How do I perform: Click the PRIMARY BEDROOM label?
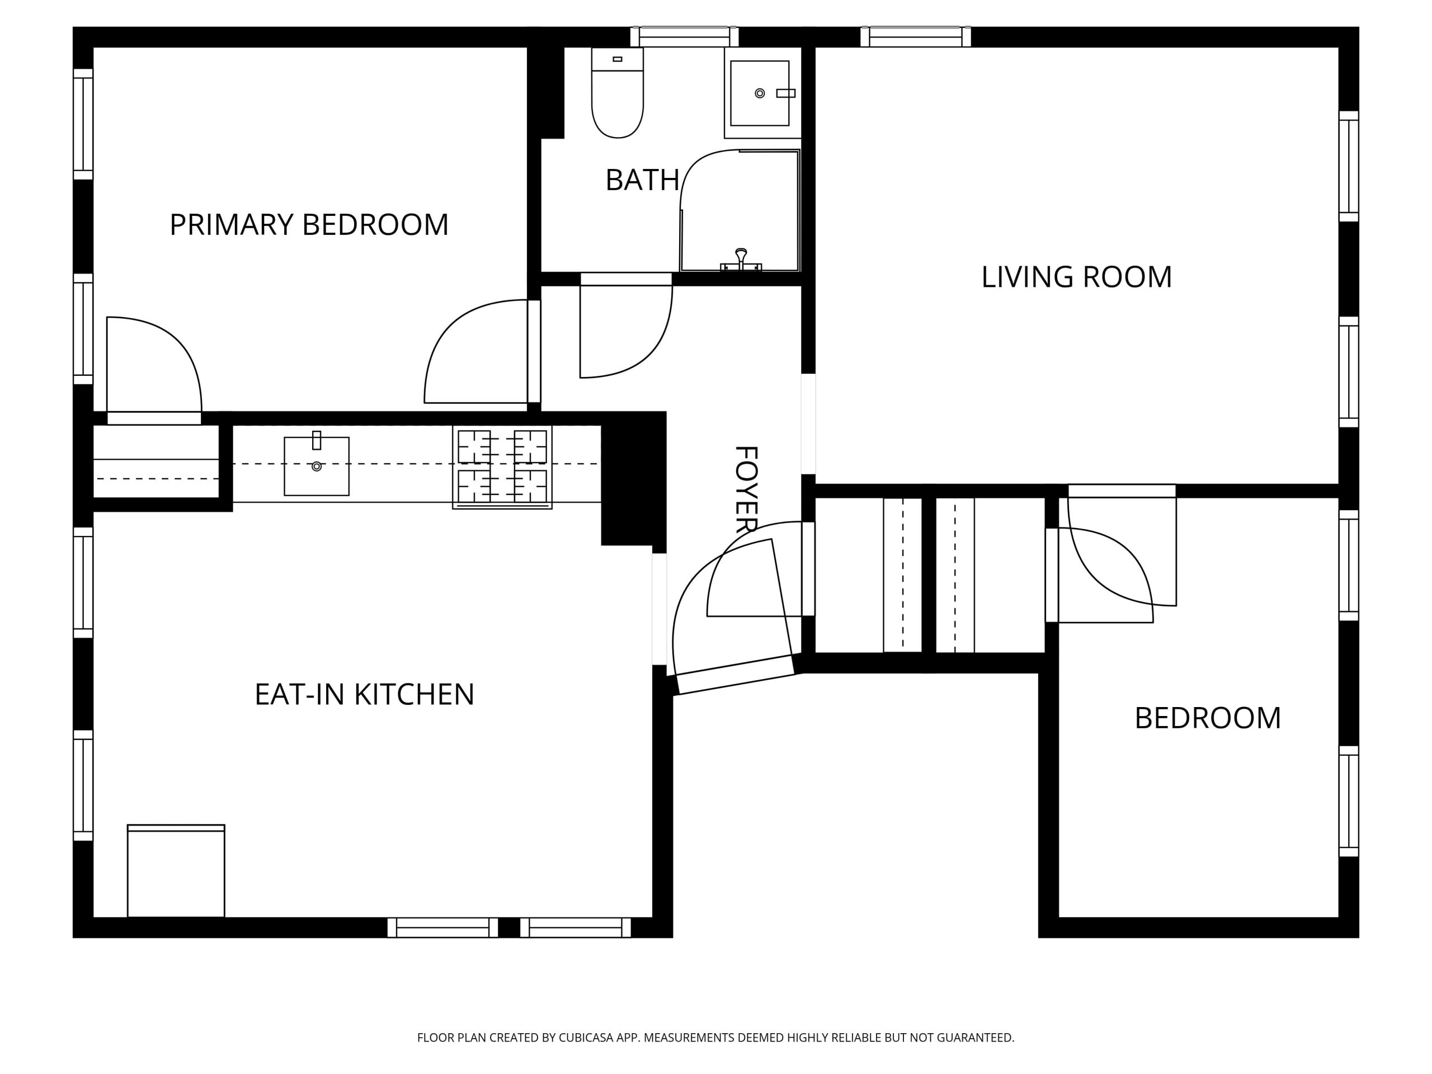(x=309, y=225)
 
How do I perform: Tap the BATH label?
(x=642, y=180)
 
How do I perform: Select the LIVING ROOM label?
(x=1077, y=277)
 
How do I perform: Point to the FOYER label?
(x=746, y=489)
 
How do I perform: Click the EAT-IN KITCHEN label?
(x=365, y=695)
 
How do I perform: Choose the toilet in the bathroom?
(x=618, y=92)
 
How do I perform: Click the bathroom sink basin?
(x=760, y=93)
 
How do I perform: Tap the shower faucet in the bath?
(x=741, y=260)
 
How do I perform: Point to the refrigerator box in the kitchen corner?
(x=176, y=871)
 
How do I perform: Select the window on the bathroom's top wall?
(x=685, y=37)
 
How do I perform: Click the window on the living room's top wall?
(x=915, y=37)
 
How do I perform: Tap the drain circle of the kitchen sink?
(x=317, y=466)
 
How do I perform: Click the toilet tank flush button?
(x=618, y=59)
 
